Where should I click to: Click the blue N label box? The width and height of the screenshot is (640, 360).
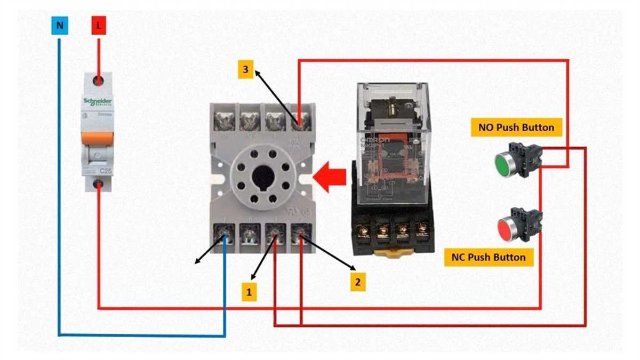(x=59, y=25)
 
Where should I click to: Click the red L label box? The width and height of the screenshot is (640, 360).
(x=99, y=25)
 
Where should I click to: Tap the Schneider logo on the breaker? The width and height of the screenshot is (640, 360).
(x=97, y=102)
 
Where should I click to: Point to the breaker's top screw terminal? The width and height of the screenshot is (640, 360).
(x=99, y=81)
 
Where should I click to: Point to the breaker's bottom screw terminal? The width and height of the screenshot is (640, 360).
(x=99, y=185)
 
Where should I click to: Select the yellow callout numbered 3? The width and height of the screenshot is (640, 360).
(x=245, y=69)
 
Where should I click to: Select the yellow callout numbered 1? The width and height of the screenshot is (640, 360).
(x=249, y=292)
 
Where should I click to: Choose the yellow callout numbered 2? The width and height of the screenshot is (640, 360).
(x=358, y=281)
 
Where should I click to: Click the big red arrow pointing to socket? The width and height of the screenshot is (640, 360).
(x=329, y=178)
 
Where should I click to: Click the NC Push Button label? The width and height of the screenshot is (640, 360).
(x=488, y=258)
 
